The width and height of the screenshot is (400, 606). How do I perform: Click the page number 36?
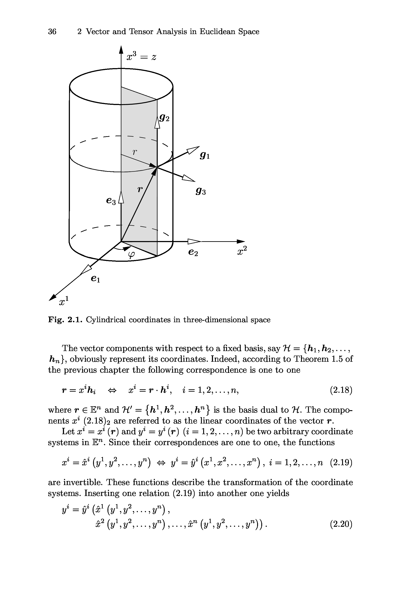tap(52, 32)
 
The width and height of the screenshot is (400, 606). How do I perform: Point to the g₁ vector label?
tap(205, 155)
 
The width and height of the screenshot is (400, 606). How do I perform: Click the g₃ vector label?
tap(201, 191)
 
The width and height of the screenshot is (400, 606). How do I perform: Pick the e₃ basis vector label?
tap(111, 201)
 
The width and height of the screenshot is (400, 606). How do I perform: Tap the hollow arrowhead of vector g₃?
tap(188, 178)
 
